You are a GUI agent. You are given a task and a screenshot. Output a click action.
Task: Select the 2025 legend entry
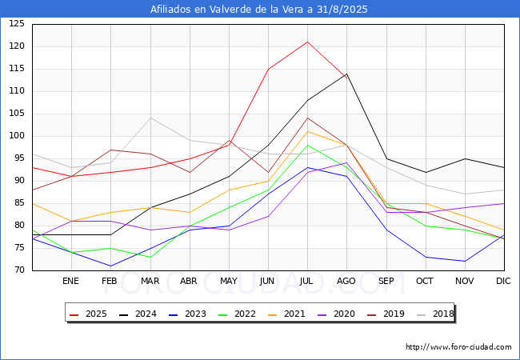click(88, 314)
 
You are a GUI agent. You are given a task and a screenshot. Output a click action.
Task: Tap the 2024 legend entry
click(138, 314)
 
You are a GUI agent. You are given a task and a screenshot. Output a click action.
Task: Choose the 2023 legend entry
click(187, 314)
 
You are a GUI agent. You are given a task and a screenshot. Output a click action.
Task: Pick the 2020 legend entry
click(336, 314)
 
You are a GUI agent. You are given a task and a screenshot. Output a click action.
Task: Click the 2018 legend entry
click(434, 314)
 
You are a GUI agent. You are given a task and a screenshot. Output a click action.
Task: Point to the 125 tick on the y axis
click(17, 24)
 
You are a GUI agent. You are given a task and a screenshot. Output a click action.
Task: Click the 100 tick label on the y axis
click(17, 136)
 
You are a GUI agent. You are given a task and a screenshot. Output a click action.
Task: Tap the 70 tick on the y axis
click(19, 270)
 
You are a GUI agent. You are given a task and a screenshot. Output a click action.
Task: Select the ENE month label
click(70, 281)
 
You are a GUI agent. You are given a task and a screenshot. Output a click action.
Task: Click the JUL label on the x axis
click(306, 281)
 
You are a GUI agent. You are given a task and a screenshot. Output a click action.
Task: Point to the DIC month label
click(503, 281)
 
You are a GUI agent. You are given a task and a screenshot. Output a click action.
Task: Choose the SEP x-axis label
click(386, 281)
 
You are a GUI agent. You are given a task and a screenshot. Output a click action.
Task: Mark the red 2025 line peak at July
click(308, 42)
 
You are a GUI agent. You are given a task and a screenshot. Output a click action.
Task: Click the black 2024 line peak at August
click(347, 74)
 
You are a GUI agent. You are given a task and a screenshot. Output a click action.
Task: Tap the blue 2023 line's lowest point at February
click(110, 266)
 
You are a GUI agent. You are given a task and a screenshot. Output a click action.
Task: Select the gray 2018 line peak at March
click(150, 118)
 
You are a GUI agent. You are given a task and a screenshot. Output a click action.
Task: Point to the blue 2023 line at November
click(465, 262)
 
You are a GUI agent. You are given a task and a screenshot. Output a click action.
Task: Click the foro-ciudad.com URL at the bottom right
click(458, 347)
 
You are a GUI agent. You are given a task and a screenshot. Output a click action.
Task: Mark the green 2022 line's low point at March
click(150, 257)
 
